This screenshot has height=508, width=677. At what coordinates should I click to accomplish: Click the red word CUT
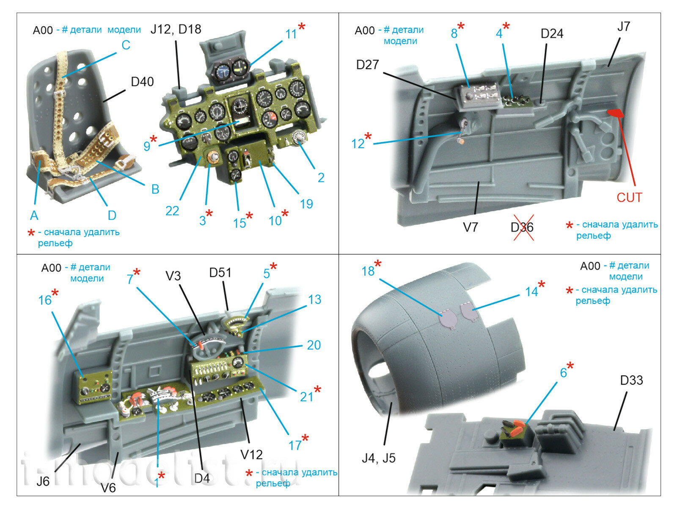pos(629,197)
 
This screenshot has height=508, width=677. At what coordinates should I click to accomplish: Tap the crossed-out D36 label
pos(522,227)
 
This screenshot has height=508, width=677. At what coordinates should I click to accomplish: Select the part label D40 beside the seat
pos(142,82)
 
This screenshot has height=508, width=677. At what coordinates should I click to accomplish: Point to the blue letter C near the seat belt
pos(126,45)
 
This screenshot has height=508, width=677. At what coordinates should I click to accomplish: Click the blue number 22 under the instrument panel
pos(172,210)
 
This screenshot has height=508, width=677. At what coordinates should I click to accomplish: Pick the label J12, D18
pos(176,29)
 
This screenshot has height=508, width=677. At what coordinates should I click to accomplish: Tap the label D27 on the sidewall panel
pos(367,65)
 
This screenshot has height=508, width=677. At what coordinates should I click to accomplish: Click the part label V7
pos(470,227)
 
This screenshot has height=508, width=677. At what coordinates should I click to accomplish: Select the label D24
pos(552,33)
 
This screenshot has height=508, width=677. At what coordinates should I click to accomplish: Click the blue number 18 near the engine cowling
pos(368,271)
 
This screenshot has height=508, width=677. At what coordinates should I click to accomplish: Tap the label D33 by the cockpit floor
pos(631,380)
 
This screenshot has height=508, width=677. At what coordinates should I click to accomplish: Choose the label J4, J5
pos(378,458)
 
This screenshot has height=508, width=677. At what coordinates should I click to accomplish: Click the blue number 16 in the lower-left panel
pos(44,300)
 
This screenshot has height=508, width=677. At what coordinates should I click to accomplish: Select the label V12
pos(251,455)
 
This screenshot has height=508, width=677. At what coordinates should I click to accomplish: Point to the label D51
pos(220,273)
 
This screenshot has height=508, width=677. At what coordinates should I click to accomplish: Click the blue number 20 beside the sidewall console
pos(314,345)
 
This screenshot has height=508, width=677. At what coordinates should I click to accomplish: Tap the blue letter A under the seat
pos(34,215)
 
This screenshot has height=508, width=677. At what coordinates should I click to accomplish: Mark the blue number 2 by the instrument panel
pos(321,177)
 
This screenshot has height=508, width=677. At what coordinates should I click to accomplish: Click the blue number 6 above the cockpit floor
pos(563,373)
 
